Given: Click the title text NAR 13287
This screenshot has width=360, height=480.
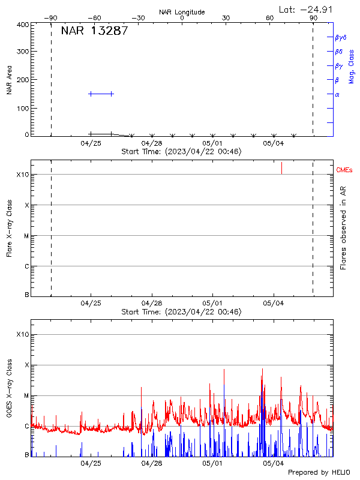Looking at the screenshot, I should (x=94, y=32).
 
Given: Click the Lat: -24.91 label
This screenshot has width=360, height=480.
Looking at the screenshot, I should (x=306, y=9).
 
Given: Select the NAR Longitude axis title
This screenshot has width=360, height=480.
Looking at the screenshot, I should (x=182, y=12).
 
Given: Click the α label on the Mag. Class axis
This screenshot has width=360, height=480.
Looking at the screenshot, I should (x=337, y=94).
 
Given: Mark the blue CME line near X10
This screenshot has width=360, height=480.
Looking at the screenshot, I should (x=281, y=168).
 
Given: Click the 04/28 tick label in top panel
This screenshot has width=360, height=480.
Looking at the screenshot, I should (x=152, y=143).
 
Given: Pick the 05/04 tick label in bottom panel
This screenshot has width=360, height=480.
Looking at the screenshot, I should (x=274, y=463).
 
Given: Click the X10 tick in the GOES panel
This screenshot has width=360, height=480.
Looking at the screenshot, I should (x=23, y=334).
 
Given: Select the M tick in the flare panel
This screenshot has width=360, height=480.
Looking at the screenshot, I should (x=26, y=236).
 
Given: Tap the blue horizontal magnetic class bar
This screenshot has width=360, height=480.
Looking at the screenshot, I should (x=101, y=94).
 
